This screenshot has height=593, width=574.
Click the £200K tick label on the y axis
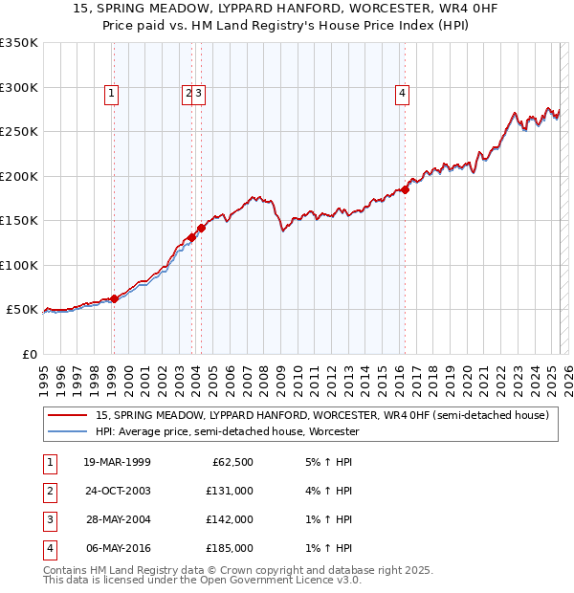19,176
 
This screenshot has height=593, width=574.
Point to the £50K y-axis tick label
22,310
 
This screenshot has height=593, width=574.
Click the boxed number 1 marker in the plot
112,93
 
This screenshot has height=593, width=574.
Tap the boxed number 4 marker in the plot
403,93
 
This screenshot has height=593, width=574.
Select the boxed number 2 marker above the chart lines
187,93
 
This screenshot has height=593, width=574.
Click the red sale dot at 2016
405,189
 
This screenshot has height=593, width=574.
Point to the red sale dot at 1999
114,298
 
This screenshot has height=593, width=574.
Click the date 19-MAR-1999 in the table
117,462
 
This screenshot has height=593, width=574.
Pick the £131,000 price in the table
229,491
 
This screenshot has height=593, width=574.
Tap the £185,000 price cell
229,548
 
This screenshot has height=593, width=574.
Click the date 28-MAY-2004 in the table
117,519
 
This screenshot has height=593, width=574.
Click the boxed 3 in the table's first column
47,519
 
